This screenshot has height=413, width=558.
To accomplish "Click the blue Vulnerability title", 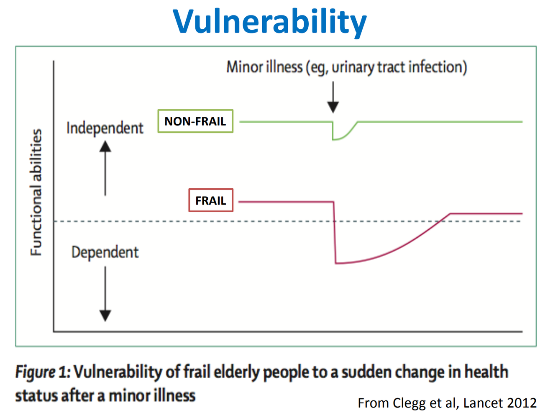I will coord(270,22).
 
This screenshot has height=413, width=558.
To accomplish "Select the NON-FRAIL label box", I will coord(195,121).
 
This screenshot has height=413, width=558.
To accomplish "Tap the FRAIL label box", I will coord(211,200).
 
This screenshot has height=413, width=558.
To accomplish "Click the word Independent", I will coord(105,128).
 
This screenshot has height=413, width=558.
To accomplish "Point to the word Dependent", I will coord(105,252).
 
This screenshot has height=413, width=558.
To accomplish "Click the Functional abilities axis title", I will coord(36,192).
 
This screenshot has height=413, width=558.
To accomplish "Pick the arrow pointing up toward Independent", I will coord(105,168).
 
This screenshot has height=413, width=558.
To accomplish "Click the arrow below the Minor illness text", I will coord(333,97).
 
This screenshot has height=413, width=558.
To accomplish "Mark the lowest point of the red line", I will coord(337,263).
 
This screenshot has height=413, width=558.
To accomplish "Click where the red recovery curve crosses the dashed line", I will coord(437,221).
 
